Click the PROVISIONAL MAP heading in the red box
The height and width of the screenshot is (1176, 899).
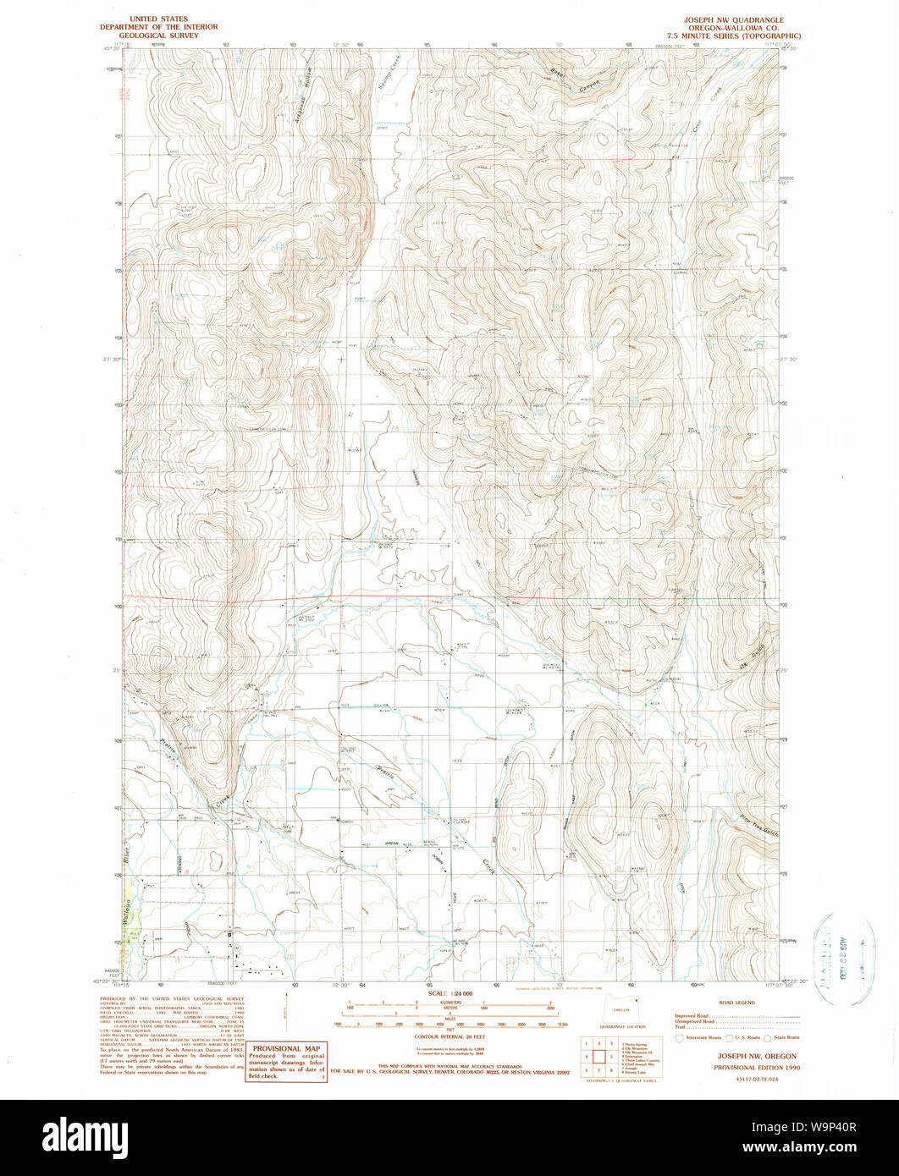point(286,1047)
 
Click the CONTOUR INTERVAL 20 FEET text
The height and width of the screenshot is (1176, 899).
point(449,1036)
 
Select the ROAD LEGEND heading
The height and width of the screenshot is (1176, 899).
point(733,1002)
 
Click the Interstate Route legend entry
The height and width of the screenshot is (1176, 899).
point(703,1038)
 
